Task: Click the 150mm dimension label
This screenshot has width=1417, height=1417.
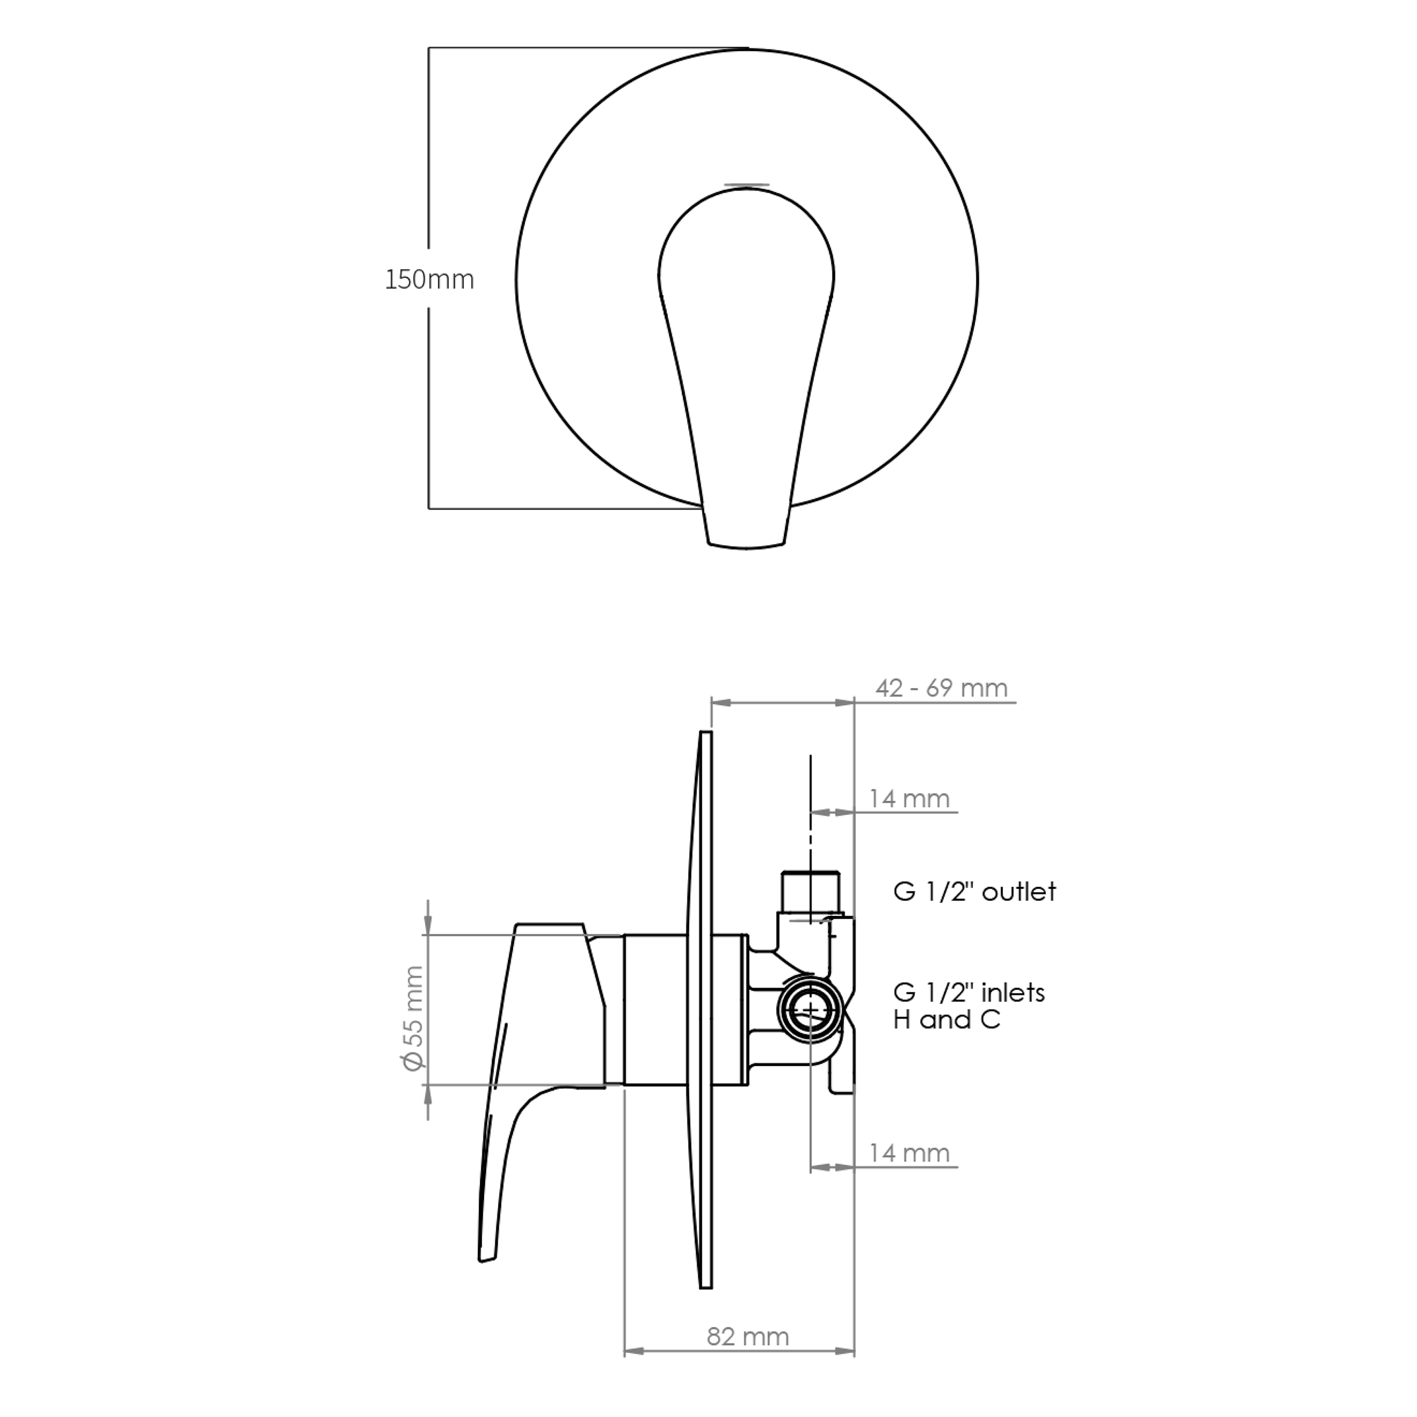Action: pyautogui.click(x=430, y=279)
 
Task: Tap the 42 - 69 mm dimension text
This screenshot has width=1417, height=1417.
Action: pyautogui.click(x=941, y=688)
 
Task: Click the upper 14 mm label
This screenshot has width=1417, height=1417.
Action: pyautogui.click(x=910, y=798)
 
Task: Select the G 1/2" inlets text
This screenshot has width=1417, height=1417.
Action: pyautogui.click(x=969, y=993)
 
